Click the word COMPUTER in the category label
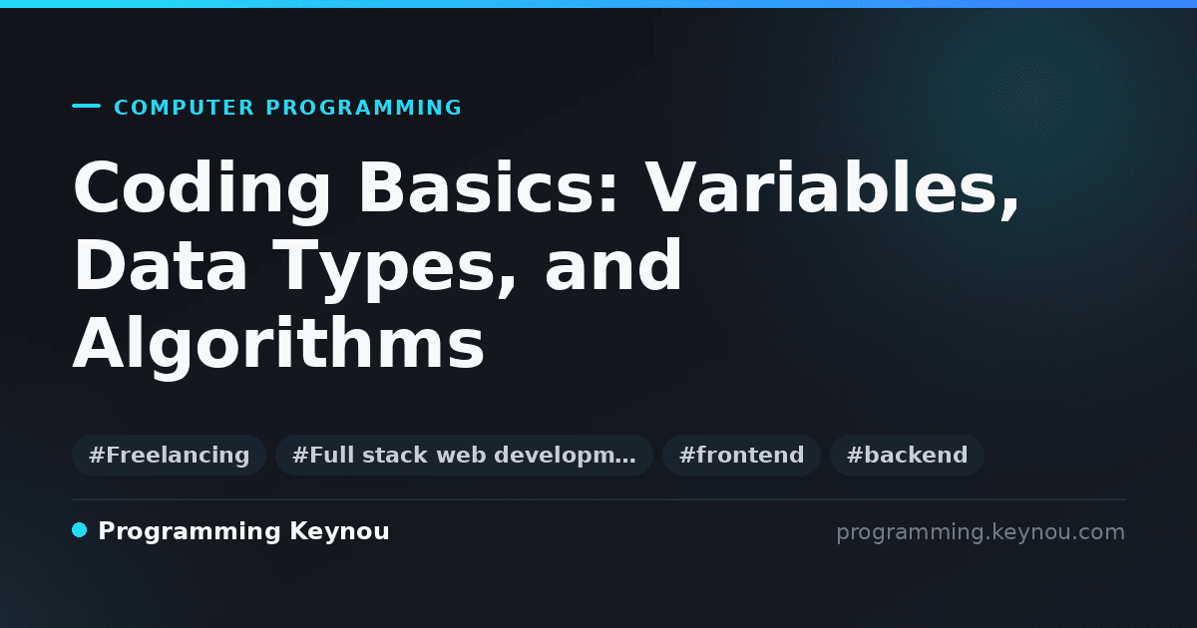(184, 108)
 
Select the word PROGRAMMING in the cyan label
(363, 108)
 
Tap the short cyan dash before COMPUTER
(86, 106)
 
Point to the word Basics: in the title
(489, 188)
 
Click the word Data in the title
(161, 265)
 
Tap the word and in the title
(612, 264)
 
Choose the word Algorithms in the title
(278, 346)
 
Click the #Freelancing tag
(170, 455)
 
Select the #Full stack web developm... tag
(464, 455)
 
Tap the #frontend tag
(741, 455)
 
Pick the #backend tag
(907, 455)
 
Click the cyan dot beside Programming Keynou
(80, 530)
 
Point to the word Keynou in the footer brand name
(339, 532)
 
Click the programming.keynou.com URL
(981, 532)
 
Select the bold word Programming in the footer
(190, 532)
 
